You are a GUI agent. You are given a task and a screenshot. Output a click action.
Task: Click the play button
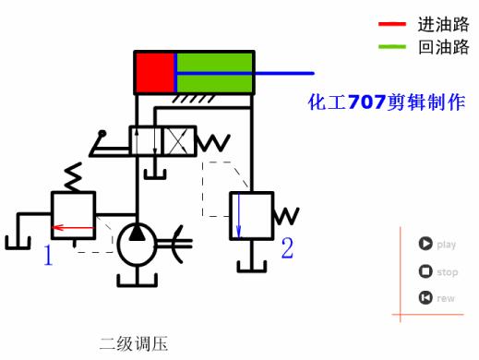click(425, 245)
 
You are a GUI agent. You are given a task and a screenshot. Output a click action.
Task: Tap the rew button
click(425, 297)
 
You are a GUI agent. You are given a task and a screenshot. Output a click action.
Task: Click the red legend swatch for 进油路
click(391, 24)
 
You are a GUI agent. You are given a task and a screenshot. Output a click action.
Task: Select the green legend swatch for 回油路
click(391, 47)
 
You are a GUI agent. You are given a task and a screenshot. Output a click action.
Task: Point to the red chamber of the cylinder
click(154, 73)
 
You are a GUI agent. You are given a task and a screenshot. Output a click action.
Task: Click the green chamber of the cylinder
click(214, 73)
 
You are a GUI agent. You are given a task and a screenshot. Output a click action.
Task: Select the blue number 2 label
click(287, 247)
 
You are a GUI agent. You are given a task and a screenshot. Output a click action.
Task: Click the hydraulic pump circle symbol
click(137, 245)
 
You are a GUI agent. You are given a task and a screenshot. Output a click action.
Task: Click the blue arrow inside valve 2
click(239, 216)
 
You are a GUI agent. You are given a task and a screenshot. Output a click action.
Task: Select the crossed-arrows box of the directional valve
click(179, 141)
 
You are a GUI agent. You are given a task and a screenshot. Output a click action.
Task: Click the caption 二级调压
click(135, 344)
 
